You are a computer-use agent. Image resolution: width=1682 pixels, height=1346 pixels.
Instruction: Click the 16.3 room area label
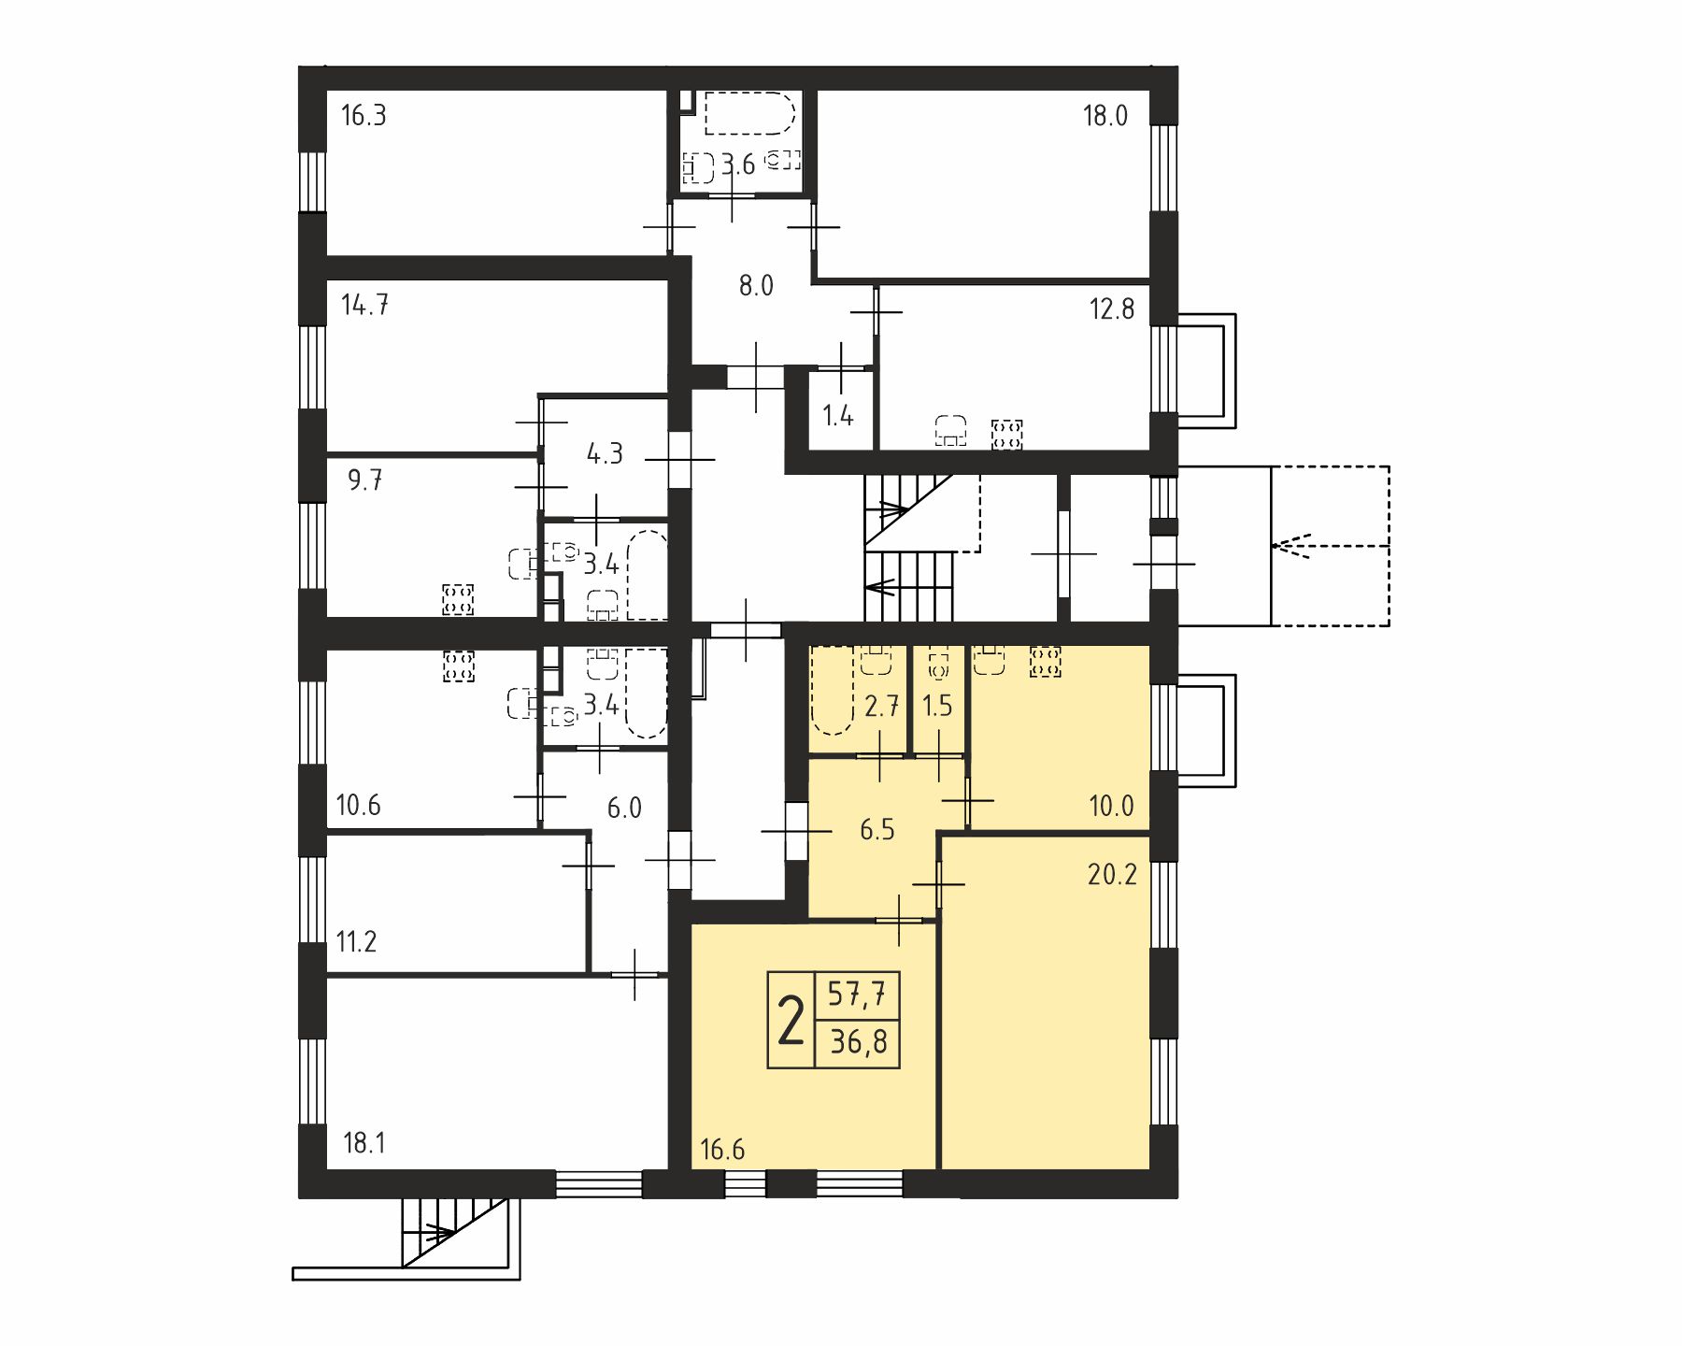point(363,116)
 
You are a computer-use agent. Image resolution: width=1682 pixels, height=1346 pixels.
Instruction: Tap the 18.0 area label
point(1105,116)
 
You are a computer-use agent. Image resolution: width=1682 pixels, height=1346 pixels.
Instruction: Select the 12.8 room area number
point(1112,309)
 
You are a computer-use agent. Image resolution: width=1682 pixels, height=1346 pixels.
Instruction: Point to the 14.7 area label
point(365,306)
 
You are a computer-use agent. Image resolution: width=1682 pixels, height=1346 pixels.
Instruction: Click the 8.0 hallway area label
point(756,286)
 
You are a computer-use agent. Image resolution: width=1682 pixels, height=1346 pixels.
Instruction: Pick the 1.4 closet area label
point(838,416)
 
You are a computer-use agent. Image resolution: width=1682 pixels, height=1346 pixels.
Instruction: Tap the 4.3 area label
point(605,455)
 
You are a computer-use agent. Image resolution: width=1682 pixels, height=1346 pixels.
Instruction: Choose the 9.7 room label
point(365,480)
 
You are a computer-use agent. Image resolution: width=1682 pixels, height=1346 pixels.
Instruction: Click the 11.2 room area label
point(357,941)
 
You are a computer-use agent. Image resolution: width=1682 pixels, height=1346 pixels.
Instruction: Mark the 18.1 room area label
point(364,1143)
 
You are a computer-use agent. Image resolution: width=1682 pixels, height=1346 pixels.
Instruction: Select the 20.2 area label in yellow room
point(1112,875)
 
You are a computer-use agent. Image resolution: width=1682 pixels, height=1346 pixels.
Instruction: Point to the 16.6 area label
point(722,1150)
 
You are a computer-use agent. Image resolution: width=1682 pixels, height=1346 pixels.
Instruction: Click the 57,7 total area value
point(858,994)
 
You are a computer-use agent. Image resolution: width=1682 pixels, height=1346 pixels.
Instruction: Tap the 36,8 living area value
point(859,1041)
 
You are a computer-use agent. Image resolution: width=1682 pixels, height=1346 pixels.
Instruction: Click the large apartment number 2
point(791,1021)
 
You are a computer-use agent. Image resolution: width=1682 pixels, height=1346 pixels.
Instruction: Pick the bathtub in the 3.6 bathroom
point(749,114)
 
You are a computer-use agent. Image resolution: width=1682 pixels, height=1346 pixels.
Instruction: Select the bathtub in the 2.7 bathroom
point(833,690)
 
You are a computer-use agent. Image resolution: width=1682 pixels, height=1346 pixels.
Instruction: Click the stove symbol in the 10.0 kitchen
point(1045,662)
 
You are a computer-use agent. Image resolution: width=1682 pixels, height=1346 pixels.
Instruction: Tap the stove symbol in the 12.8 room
point(1006,434)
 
